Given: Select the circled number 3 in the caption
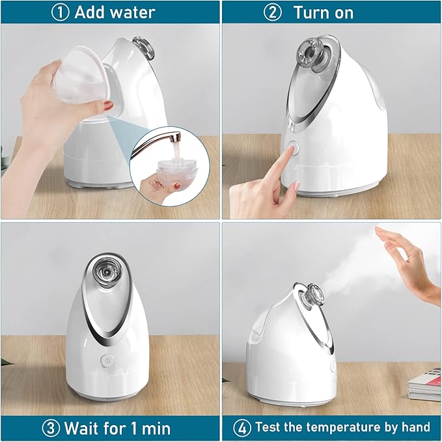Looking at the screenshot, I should (51, 428).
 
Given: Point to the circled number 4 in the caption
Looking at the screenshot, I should (242, 428).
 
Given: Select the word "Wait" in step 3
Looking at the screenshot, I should (84, 428).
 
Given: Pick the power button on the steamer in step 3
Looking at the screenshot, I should (106, 359).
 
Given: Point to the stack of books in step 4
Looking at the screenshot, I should (424, 383).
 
